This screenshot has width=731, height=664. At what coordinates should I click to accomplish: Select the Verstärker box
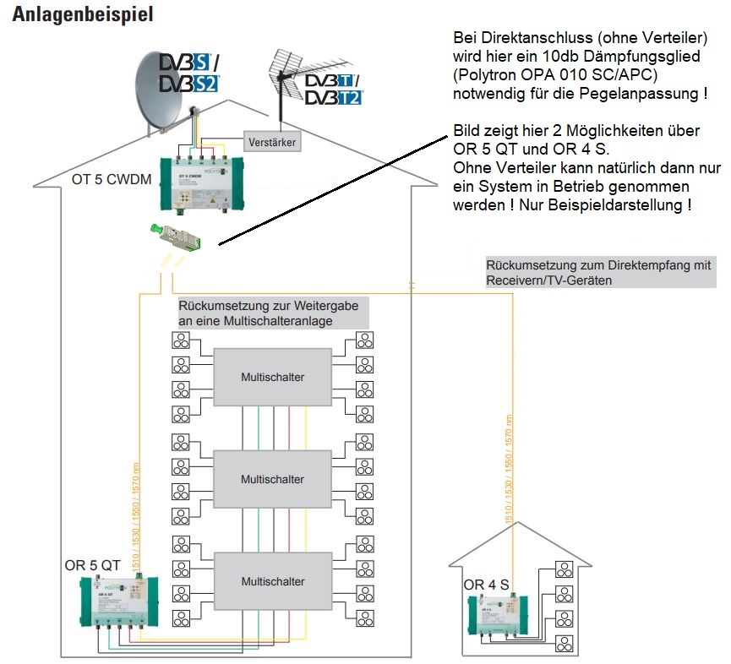[272, 142]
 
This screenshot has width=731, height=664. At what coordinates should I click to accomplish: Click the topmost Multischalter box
[272, 377]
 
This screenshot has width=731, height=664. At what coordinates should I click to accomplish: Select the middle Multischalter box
[272, 479]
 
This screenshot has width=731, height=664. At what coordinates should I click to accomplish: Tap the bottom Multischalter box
[272, 581]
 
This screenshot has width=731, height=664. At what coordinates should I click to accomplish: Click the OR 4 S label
[486, 585]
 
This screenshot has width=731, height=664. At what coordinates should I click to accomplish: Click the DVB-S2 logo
[190, 83]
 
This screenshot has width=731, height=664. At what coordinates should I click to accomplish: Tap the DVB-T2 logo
[333, 98]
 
